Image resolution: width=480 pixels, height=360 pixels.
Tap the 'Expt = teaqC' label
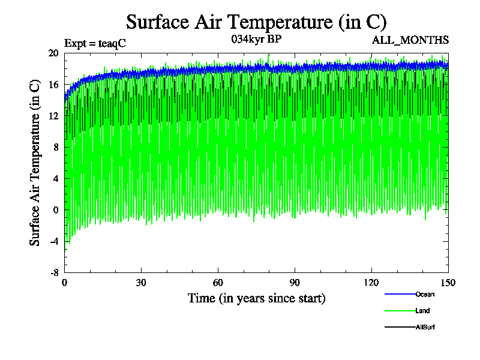(x=95, y=43)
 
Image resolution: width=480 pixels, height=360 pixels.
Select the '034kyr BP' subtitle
(x=256, y=39)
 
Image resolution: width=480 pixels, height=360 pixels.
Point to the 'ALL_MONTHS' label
(x=410, y=40)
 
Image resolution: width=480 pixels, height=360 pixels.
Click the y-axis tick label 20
(x=53, y=53)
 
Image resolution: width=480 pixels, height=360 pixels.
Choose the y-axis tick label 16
(x=53, y=85)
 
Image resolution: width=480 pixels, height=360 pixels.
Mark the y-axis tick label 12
(x=53, y=116)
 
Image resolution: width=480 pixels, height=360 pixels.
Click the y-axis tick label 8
(x=56, y=147)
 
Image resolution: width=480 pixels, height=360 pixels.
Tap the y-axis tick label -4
(x=54, y=241)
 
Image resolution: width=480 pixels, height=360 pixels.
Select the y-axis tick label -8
(x=54, y=272)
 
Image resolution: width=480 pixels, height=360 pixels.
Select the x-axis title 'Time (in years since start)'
(x=256, y=298)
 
